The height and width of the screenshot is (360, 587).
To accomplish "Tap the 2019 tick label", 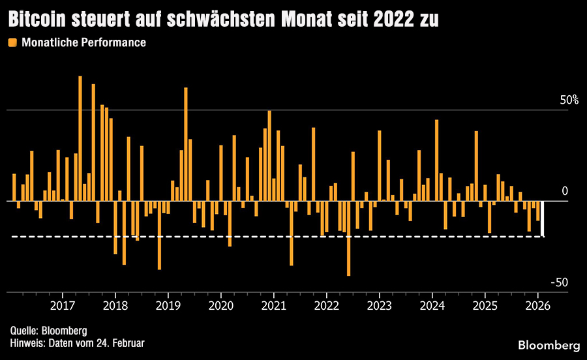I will click(168, 305).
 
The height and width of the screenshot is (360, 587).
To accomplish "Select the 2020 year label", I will click(221, 305).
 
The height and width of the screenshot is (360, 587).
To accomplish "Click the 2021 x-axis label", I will click(274, 305).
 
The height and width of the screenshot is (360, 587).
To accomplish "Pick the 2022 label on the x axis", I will click(327, 305).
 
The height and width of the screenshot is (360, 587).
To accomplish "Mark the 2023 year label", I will click(380, 305).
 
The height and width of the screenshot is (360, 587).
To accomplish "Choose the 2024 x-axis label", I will click(432, 305).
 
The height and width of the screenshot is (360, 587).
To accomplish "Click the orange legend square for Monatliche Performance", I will click(12, 42).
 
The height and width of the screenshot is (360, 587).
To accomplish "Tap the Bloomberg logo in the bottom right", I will click(549, 344).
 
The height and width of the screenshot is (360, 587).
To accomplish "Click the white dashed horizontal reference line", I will click(261, 236).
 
